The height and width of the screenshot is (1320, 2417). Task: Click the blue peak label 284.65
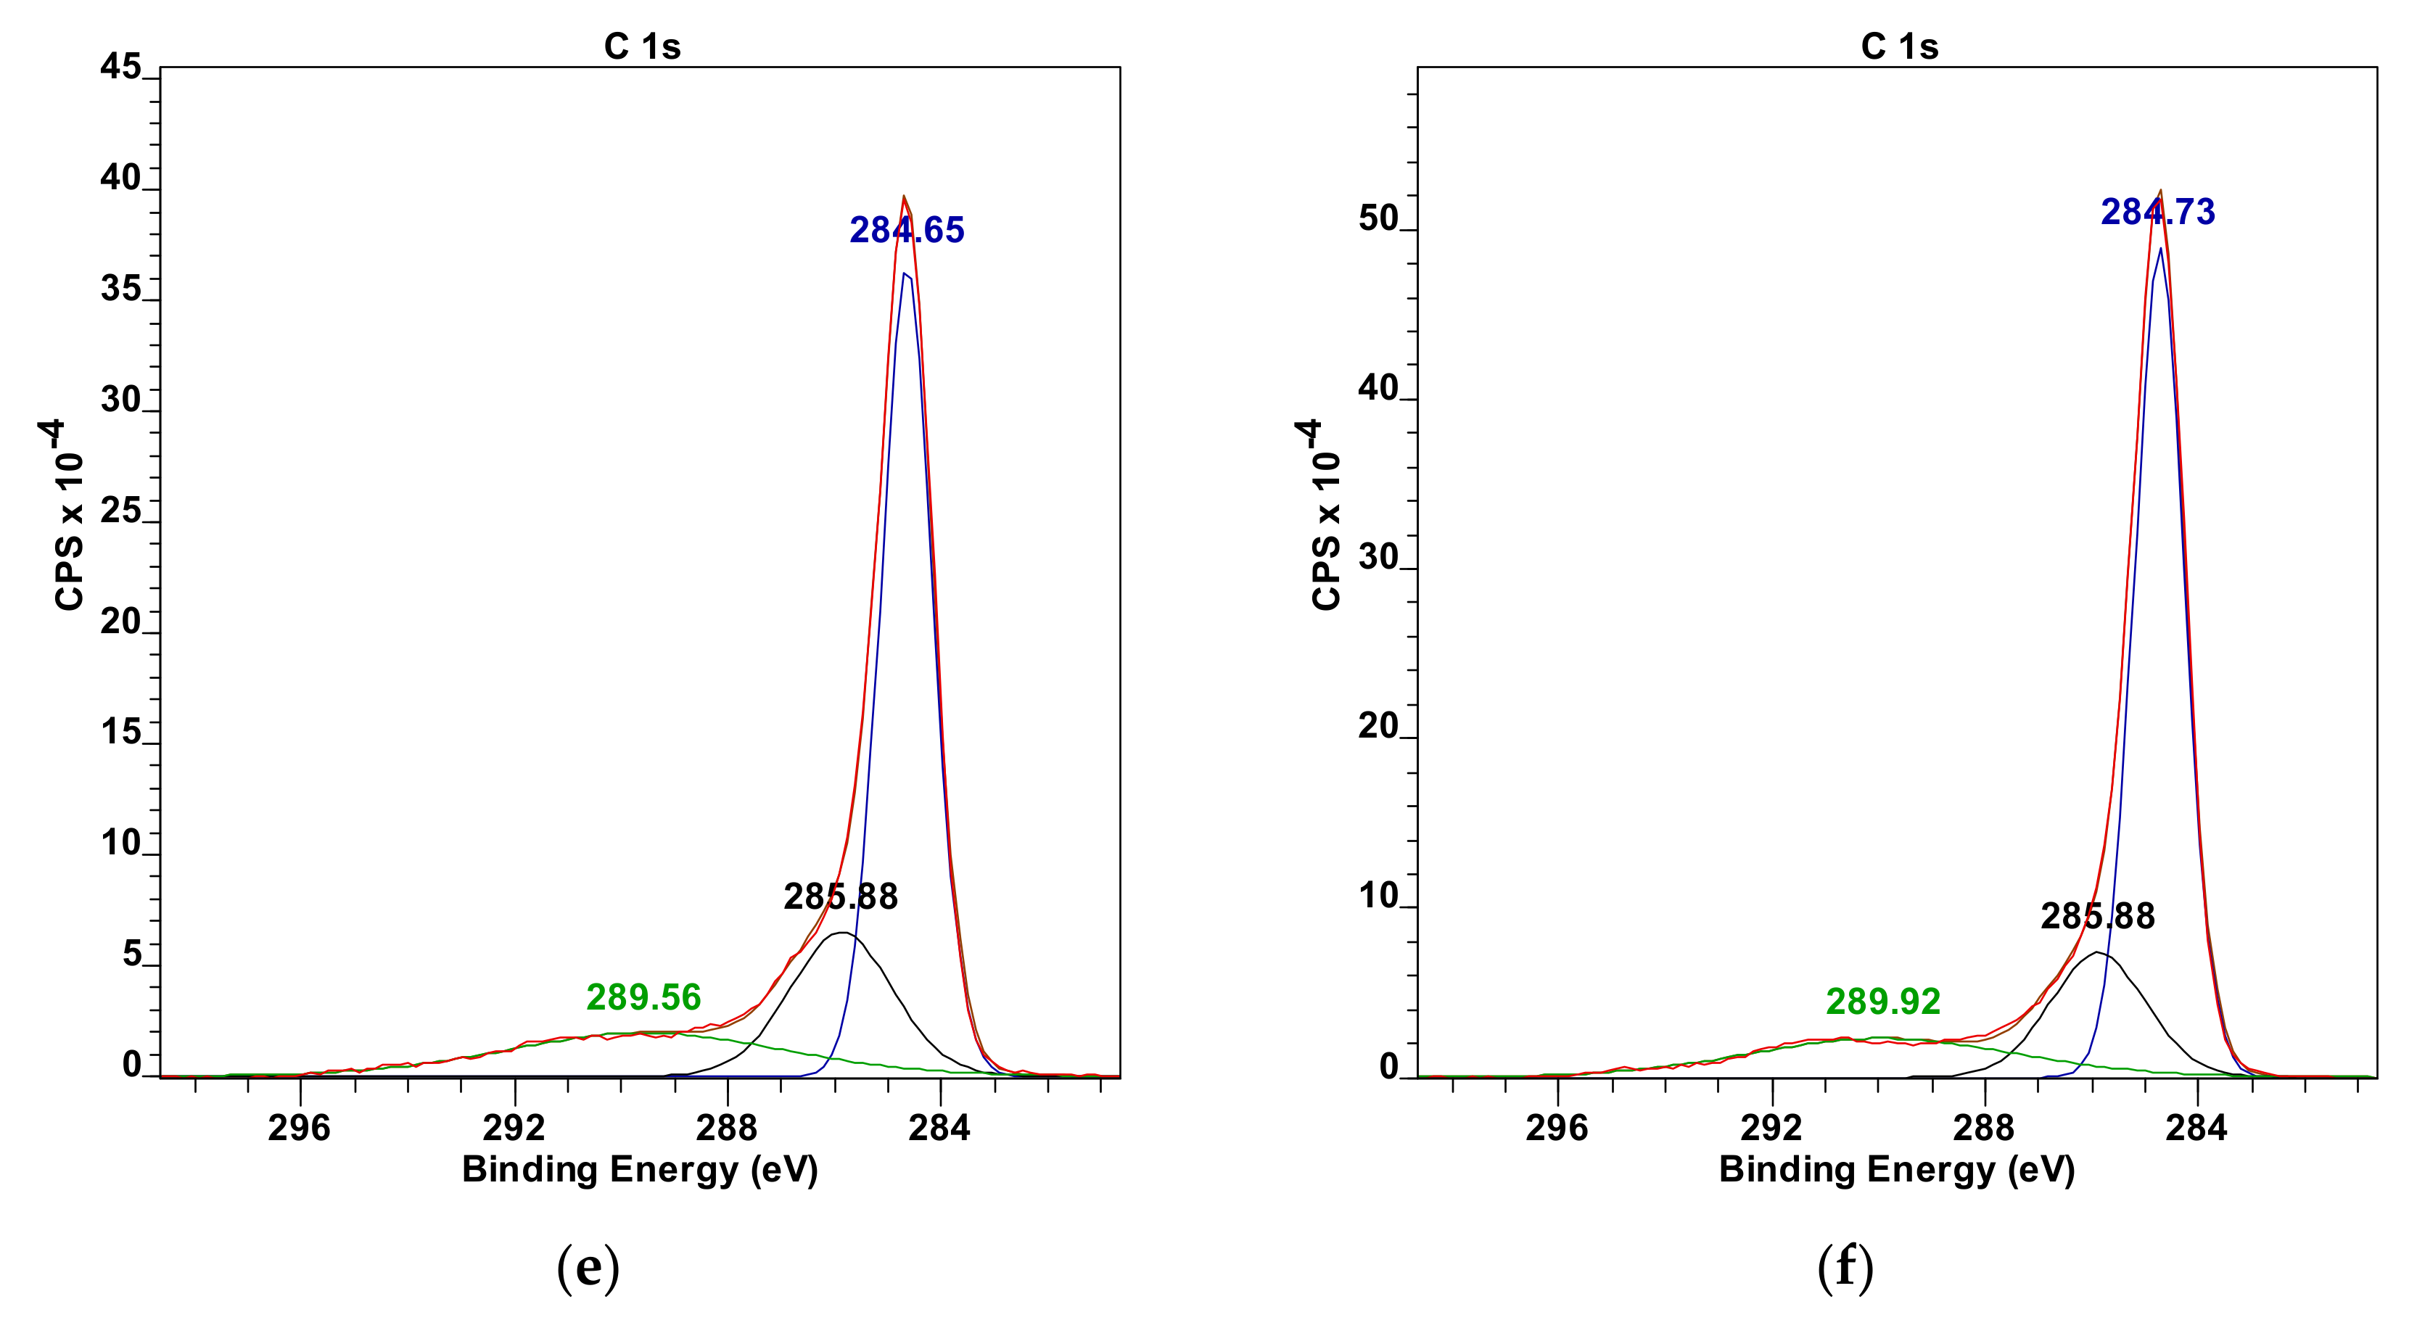point(907,230)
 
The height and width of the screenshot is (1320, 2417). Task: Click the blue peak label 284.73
point(2157,212)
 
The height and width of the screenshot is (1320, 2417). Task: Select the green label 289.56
point(643,997)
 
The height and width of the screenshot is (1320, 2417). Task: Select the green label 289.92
point(1882,1002)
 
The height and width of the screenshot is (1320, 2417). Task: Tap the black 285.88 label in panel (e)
point(841,897)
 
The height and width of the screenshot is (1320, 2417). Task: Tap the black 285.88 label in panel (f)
point(2097,915)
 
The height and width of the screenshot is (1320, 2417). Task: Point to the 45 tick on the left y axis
point(120,67)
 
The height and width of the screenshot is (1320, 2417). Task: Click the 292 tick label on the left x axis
point(514,1127)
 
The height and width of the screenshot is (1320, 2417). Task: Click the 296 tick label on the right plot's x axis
point(1557,1127)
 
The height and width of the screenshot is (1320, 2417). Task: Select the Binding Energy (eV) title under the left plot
point(640,1170)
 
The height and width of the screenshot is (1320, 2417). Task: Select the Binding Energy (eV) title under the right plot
point(1896,1170)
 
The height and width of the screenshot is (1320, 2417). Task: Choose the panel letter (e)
point(588,1268)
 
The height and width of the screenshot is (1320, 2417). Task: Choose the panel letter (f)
point(1845,1268)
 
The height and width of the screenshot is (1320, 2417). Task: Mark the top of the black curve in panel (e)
point(843,933)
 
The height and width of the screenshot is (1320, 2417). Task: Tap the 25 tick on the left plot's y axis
point(120,511)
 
